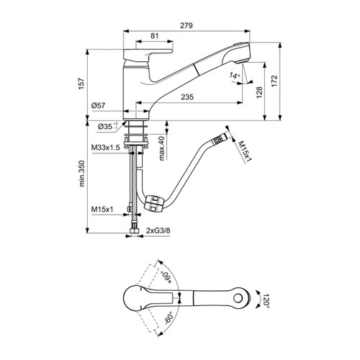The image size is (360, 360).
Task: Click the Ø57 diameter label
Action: point(99,106)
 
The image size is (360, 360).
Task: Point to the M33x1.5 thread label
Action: point(104,147)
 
